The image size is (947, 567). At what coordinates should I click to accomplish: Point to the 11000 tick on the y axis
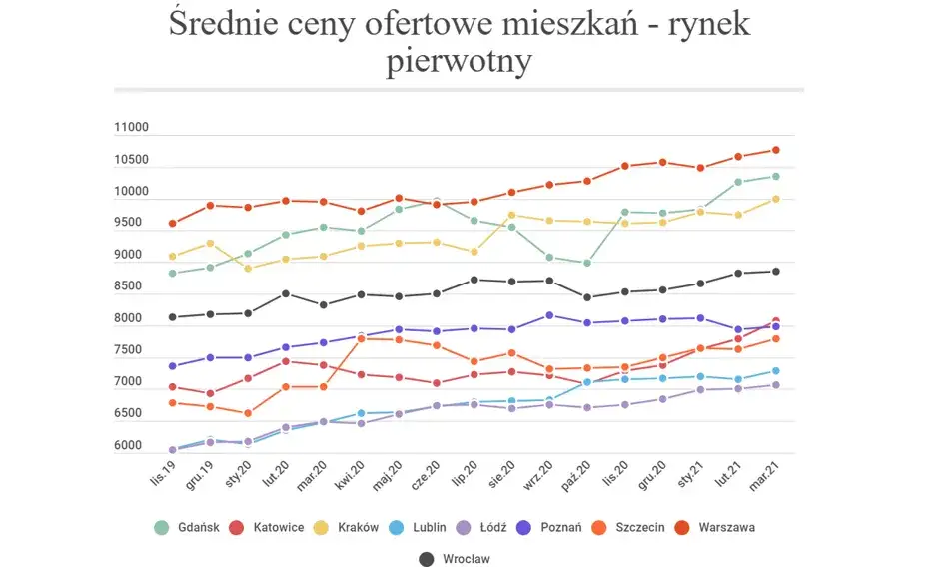pos(131,128)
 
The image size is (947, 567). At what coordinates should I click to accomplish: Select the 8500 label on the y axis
pos(131,287)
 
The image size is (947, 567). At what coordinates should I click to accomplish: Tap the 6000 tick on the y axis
pos(131,446)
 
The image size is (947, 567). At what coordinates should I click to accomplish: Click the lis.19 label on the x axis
pos(163,480)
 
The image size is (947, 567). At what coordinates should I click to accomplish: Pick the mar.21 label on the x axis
pos(765,480)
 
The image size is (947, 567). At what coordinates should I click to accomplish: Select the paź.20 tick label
pos(576,480)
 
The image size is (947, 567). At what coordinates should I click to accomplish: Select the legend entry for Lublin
pos(426,527)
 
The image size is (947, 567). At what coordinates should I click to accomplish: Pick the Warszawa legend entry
pos(725,527)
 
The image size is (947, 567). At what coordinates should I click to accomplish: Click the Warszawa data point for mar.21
pos(775,151)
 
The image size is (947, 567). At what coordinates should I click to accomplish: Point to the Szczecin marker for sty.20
pos(248,413)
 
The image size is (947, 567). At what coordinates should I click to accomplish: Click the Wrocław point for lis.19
pos(172,317)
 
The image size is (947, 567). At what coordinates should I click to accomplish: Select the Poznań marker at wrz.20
pos(549,315)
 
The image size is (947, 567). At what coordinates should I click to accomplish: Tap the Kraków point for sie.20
pos(511,215)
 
